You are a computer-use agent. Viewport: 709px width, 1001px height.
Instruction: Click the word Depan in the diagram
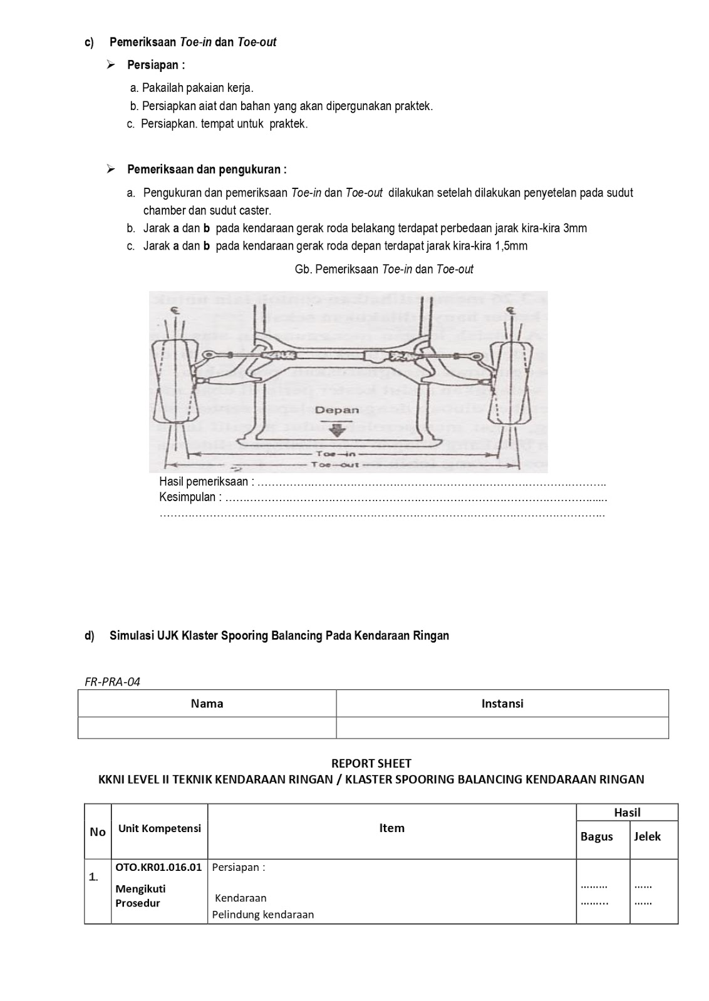[337, 411]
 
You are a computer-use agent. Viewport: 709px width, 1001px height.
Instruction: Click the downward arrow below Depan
[337, 430]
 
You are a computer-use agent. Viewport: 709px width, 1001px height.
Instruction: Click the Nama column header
[207, 703]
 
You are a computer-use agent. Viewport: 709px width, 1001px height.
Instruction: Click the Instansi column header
[502, 703]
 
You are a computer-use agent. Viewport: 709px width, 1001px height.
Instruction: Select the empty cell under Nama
[207, 728]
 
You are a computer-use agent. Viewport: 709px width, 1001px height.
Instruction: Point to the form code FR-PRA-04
[113, 682]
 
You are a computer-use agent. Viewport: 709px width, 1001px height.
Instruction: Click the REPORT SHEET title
[371, 763]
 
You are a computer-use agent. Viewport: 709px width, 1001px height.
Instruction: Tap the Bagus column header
[596, 837]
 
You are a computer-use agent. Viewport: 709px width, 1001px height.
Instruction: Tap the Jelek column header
[647, 837]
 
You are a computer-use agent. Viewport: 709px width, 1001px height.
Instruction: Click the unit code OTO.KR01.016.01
[158, 867]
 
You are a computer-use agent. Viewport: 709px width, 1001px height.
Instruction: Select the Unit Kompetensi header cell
[159, 828]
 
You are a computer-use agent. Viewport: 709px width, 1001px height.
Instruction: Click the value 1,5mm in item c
[511, 246]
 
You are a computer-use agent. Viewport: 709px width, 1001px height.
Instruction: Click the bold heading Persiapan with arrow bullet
[156, 65]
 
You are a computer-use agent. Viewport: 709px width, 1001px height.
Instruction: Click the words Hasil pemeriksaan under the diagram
[204, 482]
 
